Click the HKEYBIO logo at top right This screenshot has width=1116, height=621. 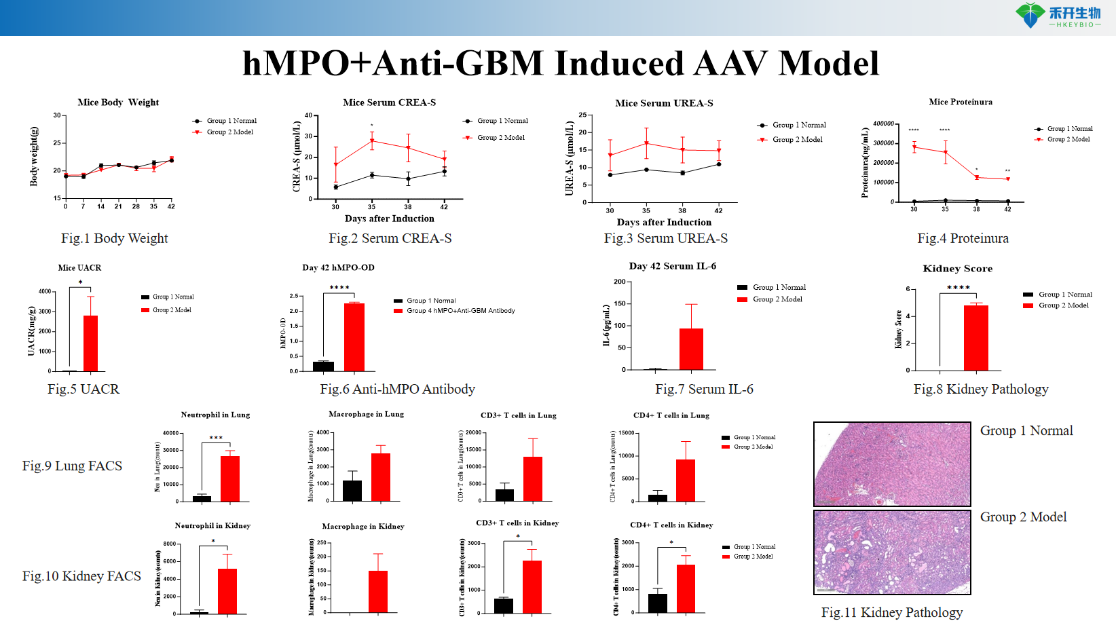pos(1058,15)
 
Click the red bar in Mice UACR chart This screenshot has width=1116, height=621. pos(90,343)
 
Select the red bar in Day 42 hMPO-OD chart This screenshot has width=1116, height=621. pos(354,337)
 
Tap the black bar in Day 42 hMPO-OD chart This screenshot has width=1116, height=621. pos(323,366)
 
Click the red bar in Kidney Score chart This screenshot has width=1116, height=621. pos(975,337)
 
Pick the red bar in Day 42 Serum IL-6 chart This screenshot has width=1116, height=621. pos(691,349)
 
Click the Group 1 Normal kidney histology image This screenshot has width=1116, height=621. pos(892,464)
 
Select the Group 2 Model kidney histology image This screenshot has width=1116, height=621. pos(892,552)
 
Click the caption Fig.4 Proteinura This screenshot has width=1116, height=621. pos(963,238)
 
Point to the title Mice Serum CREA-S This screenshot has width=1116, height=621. pos(389,102)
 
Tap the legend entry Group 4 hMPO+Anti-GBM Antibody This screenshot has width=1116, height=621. pos(460,311)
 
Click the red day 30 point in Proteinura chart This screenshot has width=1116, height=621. pos(914,147)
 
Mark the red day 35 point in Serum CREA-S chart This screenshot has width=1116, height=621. pos(371,140)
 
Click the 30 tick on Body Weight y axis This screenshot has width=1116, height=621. pos(57,115)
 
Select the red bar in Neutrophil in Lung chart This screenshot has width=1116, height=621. pos(230,478)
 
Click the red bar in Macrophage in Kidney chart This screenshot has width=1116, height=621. pos(377,592)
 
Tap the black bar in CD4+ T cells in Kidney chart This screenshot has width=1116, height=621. pos(657,603)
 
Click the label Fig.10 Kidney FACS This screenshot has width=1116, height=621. pos(81,576)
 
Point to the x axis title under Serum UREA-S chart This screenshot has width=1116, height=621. pos(664,222)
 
